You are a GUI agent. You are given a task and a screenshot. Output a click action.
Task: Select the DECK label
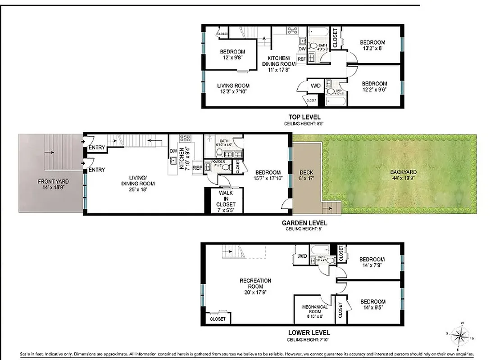[x=306, y=172]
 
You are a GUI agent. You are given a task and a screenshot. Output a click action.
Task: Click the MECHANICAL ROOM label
[x=315, y=307]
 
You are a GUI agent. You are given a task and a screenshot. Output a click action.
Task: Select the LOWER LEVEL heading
[x=309, y=333]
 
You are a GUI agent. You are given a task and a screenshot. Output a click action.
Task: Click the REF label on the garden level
[x=197, y=168]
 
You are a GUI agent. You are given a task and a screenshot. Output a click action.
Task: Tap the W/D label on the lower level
[x=301, y=256]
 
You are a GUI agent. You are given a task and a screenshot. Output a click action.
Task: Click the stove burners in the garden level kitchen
[x=185, y=139]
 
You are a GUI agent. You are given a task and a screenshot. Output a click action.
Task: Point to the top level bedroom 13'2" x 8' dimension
[x=372, y=48]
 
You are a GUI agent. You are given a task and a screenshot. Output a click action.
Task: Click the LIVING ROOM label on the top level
[x=233, y=85]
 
